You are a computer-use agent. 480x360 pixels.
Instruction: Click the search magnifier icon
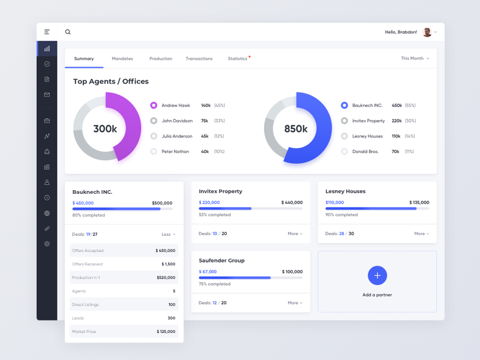[x=68, y=32]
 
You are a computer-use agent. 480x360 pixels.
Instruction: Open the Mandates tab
[x=122, y=59]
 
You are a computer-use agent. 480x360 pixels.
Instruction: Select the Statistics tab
[x=238, y=59]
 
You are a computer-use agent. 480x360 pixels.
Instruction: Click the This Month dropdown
[x=415, y=59]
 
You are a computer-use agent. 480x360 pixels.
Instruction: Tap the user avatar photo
[x=427, y=32]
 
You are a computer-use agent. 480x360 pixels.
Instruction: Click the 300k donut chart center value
[x=105, y=128]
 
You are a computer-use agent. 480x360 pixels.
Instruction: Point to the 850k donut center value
[x=296, y=128]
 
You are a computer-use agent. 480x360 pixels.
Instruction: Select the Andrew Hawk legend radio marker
[x=154, y=105]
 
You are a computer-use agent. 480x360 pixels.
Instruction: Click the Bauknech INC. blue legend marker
[x=344, y=105]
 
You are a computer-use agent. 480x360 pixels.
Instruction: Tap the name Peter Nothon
[x=175, y=152]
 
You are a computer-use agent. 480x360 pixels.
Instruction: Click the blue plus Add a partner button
[x=377, y=275]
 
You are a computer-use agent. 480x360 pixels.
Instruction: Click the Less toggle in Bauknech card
[x=168, y=234]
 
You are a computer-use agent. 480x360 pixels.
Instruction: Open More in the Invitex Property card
[x=295, y=234]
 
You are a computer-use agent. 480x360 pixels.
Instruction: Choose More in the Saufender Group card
[x=295, y=303]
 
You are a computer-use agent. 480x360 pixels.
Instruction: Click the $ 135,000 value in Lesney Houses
[x=419, y=203]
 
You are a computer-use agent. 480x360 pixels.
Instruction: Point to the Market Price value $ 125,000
[x=166, y=332]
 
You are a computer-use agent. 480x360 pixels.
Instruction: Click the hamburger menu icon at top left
[x=47, y=32]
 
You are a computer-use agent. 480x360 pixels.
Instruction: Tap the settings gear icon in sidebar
[x=47, y=244]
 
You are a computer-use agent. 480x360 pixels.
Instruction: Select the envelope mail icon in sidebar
[x=47, y=94]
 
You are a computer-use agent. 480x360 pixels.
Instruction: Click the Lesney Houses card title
[x=345, y=191]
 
